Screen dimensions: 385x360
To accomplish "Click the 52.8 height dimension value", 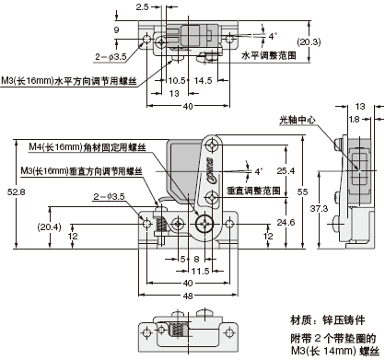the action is tap(17, 192).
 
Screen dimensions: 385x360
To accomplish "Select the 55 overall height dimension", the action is tap(302, 192).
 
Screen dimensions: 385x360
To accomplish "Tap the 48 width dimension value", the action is tap(188, 296).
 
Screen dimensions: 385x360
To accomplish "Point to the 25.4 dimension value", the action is tap(286, 170).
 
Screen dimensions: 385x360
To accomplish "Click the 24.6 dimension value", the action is tap(286, 222).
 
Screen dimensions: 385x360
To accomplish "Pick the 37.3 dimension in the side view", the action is tap(319, 209).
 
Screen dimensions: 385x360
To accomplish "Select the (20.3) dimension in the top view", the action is tap(309, 41).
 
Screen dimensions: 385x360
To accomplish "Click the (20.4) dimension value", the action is tap(50, 226).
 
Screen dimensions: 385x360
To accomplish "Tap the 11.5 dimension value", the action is tap(200, 272).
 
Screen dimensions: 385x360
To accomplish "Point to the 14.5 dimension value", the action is tap(204, 81).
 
